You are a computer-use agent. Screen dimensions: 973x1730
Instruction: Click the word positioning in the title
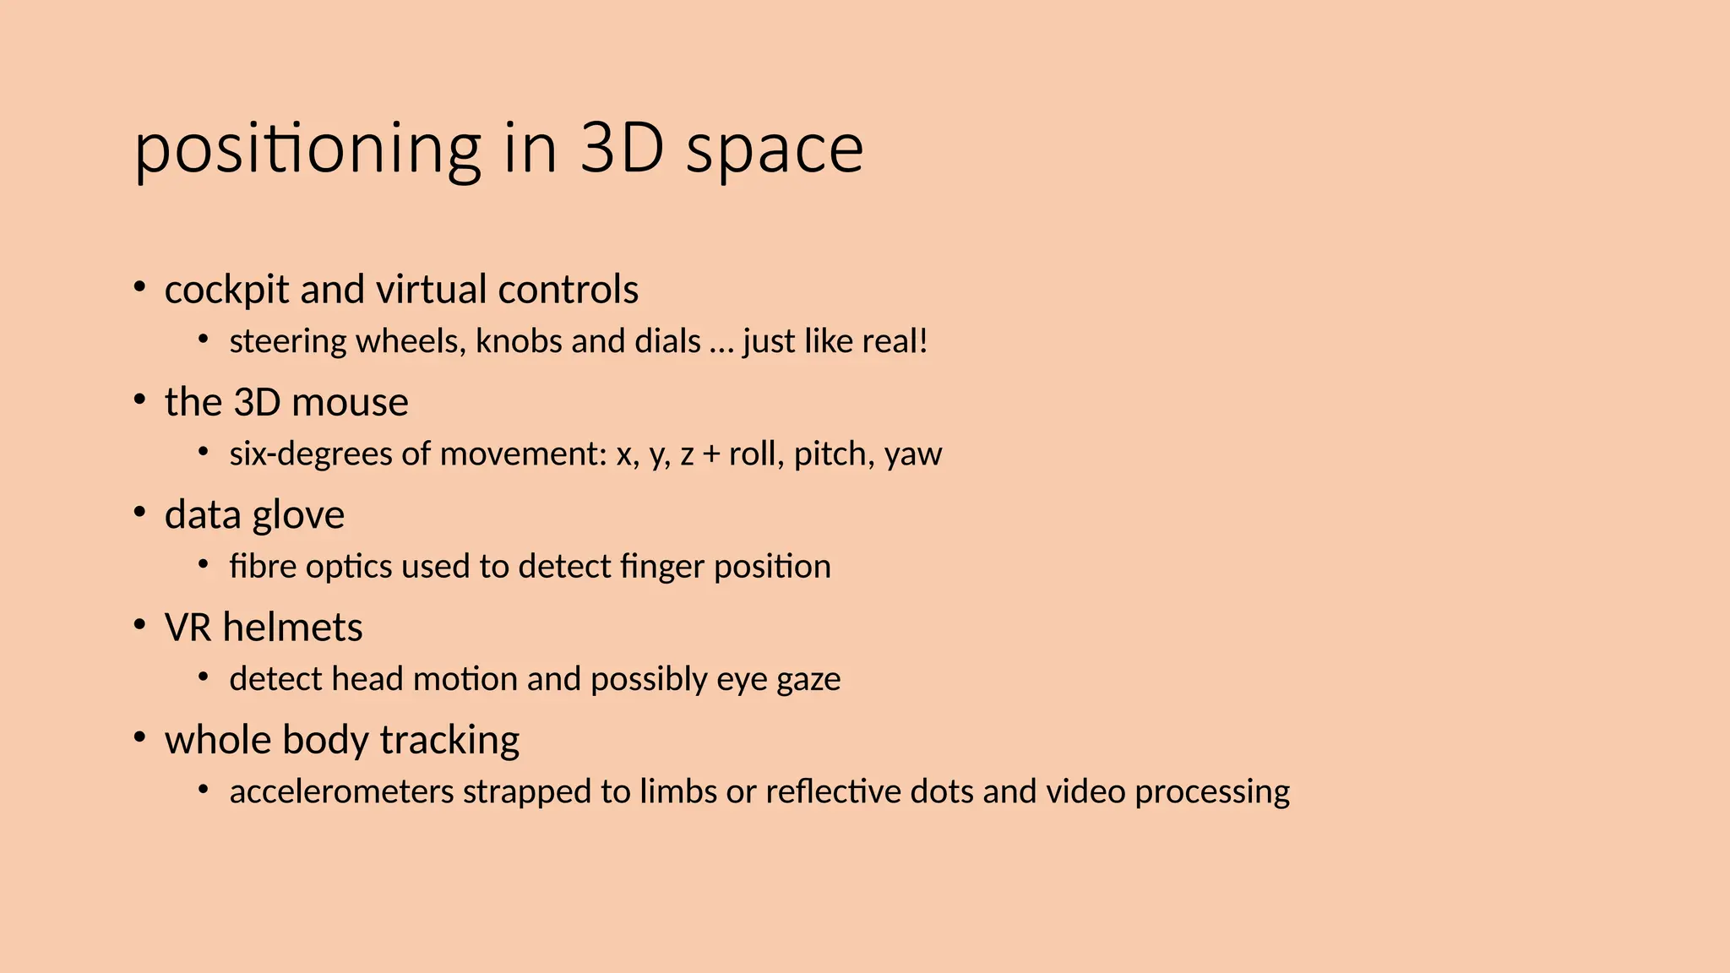[307, 150]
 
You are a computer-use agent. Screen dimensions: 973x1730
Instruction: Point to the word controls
[568, 290]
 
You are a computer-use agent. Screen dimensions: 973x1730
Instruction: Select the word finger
[661, 567]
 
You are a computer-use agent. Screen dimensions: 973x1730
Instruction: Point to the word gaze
[808, 679]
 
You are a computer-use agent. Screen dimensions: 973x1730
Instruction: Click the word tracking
[449, 741]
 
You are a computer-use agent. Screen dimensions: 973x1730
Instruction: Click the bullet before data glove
[140, 512]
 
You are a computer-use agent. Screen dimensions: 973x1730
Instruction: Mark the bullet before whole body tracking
[140, 737]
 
